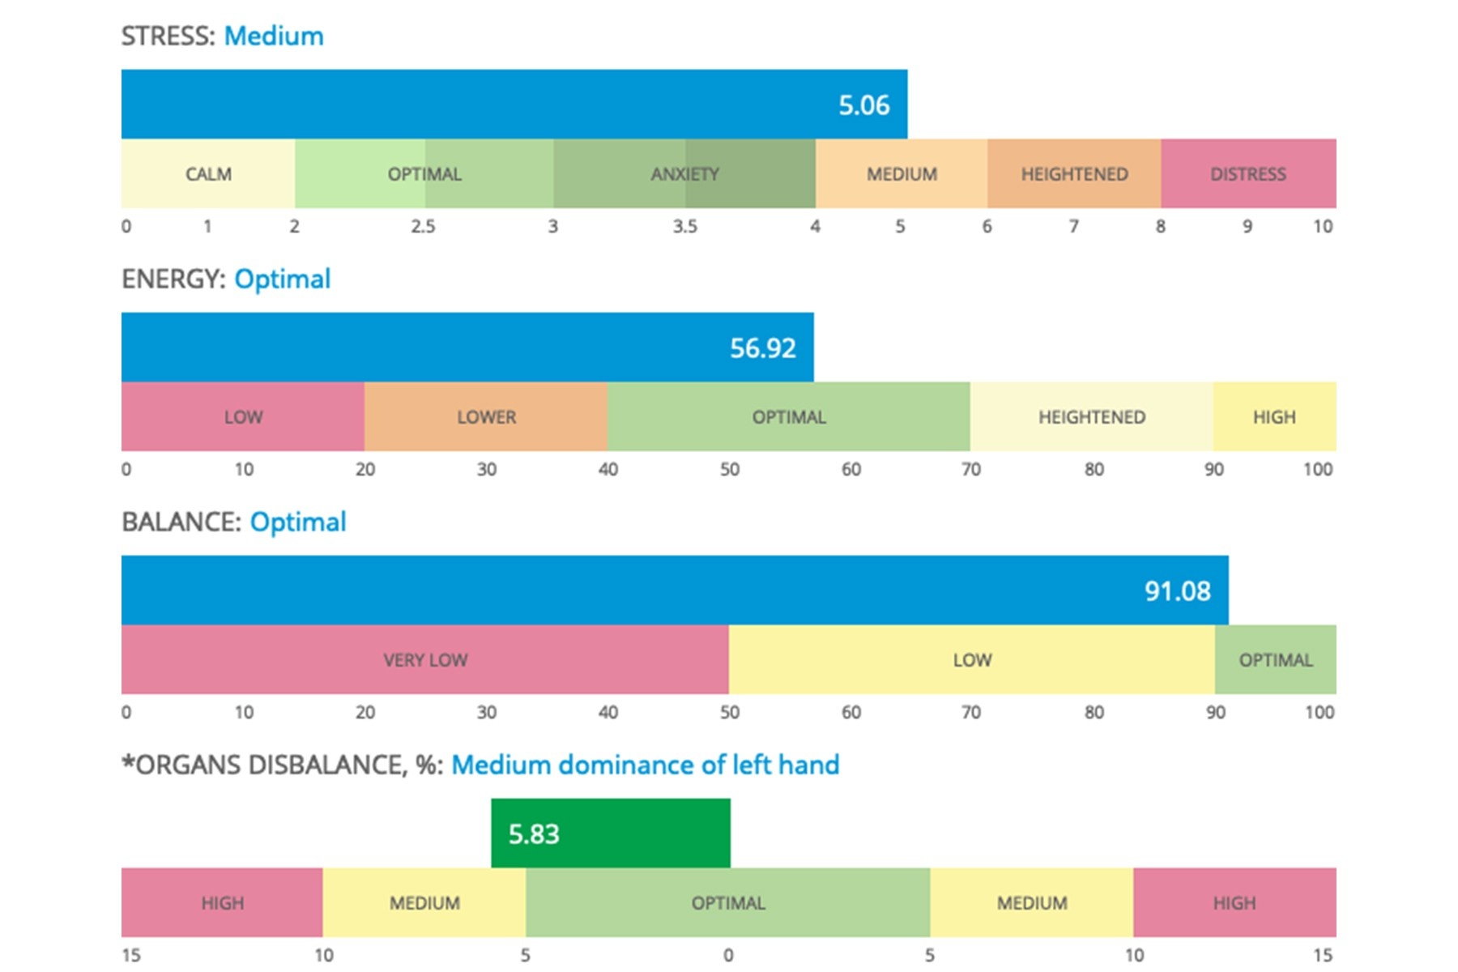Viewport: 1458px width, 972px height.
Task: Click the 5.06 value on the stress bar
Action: coord(863,105)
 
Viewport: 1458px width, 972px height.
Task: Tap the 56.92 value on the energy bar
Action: coord(762,348)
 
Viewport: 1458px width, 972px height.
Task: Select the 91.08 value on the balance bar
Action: coord(1177,591)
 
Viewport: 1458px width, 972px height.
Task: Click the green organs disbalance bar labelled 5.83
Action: coord(610,833)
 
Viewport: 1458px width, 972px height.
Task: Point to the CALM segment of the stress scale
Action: coord(208,174)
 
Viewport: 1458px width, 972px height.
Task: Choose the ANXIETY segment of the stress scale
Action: coord(684,174)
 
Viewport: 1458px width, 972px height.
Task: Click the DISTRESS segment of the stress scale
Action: coord(1247,174)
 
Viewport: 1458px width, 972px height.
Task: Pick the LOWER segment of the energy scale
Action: coord(486,417)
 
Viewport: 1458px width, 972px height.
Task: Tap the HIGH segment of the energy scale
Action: coord(1274,417)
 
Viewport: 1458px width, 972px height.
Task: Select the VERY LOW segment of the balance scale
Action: coord(425,660)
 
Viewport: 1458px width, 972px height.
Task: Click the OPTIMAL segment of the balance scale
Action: coord(1275,660)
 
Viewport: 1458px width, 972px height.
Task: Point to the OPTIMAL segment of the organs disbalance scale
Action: coord(728,903)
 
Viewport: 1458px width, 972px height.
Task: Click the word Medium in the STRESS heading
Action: coord(274,36)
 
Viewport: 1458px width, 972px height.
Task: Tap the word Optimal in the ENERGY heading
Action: coord(282,279)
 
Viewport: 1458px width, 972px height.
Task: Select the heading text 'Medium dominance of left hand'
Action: coord(645,765)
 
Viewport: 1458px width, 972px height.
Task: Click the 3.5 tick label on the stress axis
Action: coord(684,227)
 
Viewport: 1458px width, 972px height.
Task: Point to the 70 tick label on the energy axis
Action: coord(970,470)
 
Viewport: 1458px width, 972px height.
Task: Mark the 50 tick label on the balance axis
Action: coord(729,713)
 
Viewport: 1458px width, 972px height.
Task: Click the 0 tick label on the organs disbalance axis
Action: coord(728,956)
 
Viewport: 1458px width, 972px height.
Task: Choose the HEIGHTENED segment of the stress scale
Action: coord(1074,174)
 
